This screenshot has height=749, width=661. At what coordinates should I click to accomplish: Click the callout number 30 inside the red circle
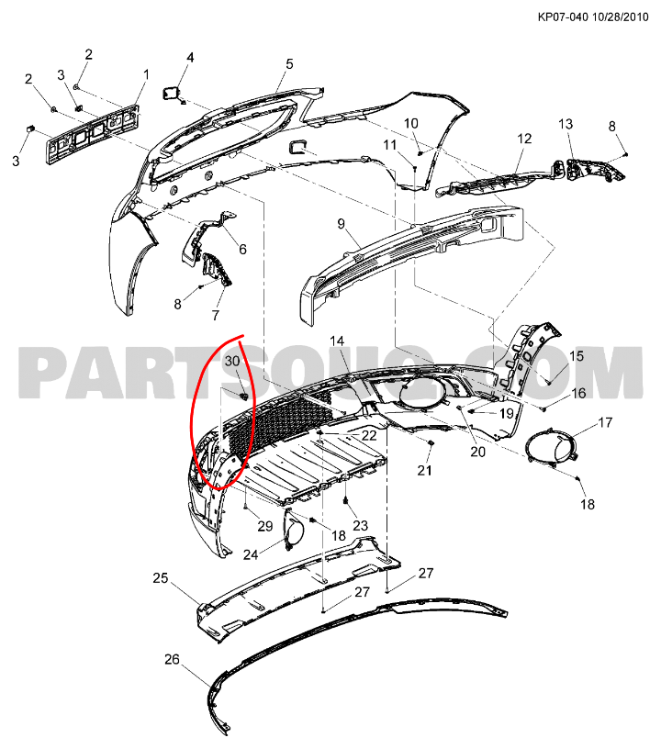232,361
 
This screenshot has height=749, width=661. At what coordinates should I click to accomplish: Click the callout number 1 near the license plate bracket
146,74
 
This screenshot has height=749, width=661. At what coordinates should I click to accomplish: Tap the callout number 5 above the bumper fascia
289,64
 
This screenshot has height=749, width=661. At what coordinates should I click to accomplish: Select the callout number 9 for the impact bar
341,224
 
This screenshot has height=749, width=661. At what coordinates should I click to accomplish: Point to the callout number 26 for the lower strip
172,659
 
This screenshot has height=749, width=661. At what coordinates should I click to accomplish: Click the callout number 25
161,578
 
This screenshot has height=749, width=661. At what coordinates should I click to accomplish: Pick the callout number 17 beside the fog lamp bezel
605,422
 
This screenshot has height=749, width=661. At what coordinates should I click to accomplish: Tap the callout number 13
566,124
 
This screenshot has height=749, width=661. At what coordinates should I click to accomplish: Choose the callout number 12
524,139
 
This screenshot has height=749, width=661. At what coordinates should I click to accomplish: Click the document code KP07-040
563,17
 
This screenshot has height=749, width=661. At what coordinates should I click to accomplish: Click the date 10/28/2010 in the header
621,17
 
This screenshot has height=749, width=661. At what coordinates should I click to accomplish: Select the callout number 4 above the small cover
190,58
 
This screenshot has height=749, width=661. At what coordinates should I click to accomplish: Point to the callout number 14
337,341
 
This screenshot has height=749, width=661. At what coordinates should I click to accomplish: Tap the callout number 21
424,471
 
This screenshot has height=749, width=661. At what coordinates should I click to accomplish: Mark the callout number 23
361,525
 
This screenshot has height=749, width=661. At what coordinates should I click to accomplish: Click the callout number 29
265,526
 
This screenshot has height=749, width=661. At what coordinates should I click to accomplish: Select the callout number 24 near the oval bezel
251,554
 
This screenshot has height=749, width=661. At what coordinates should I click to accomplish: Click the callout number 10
411,123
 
